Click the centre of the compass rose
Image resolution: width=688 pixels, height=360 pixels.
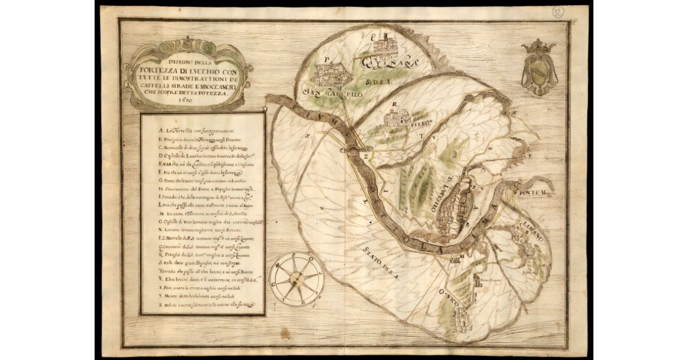(296, 279)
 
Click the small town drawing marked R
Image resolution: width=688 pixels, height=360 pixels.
(397, 117)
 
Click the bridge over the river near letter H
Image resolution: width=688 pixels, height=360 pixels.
(351, 151)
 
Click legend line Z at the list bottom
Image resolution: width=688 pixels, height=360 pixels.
(203, 304)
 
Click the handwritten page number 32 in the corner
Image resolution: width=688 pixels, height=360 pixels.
(557, 12)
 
